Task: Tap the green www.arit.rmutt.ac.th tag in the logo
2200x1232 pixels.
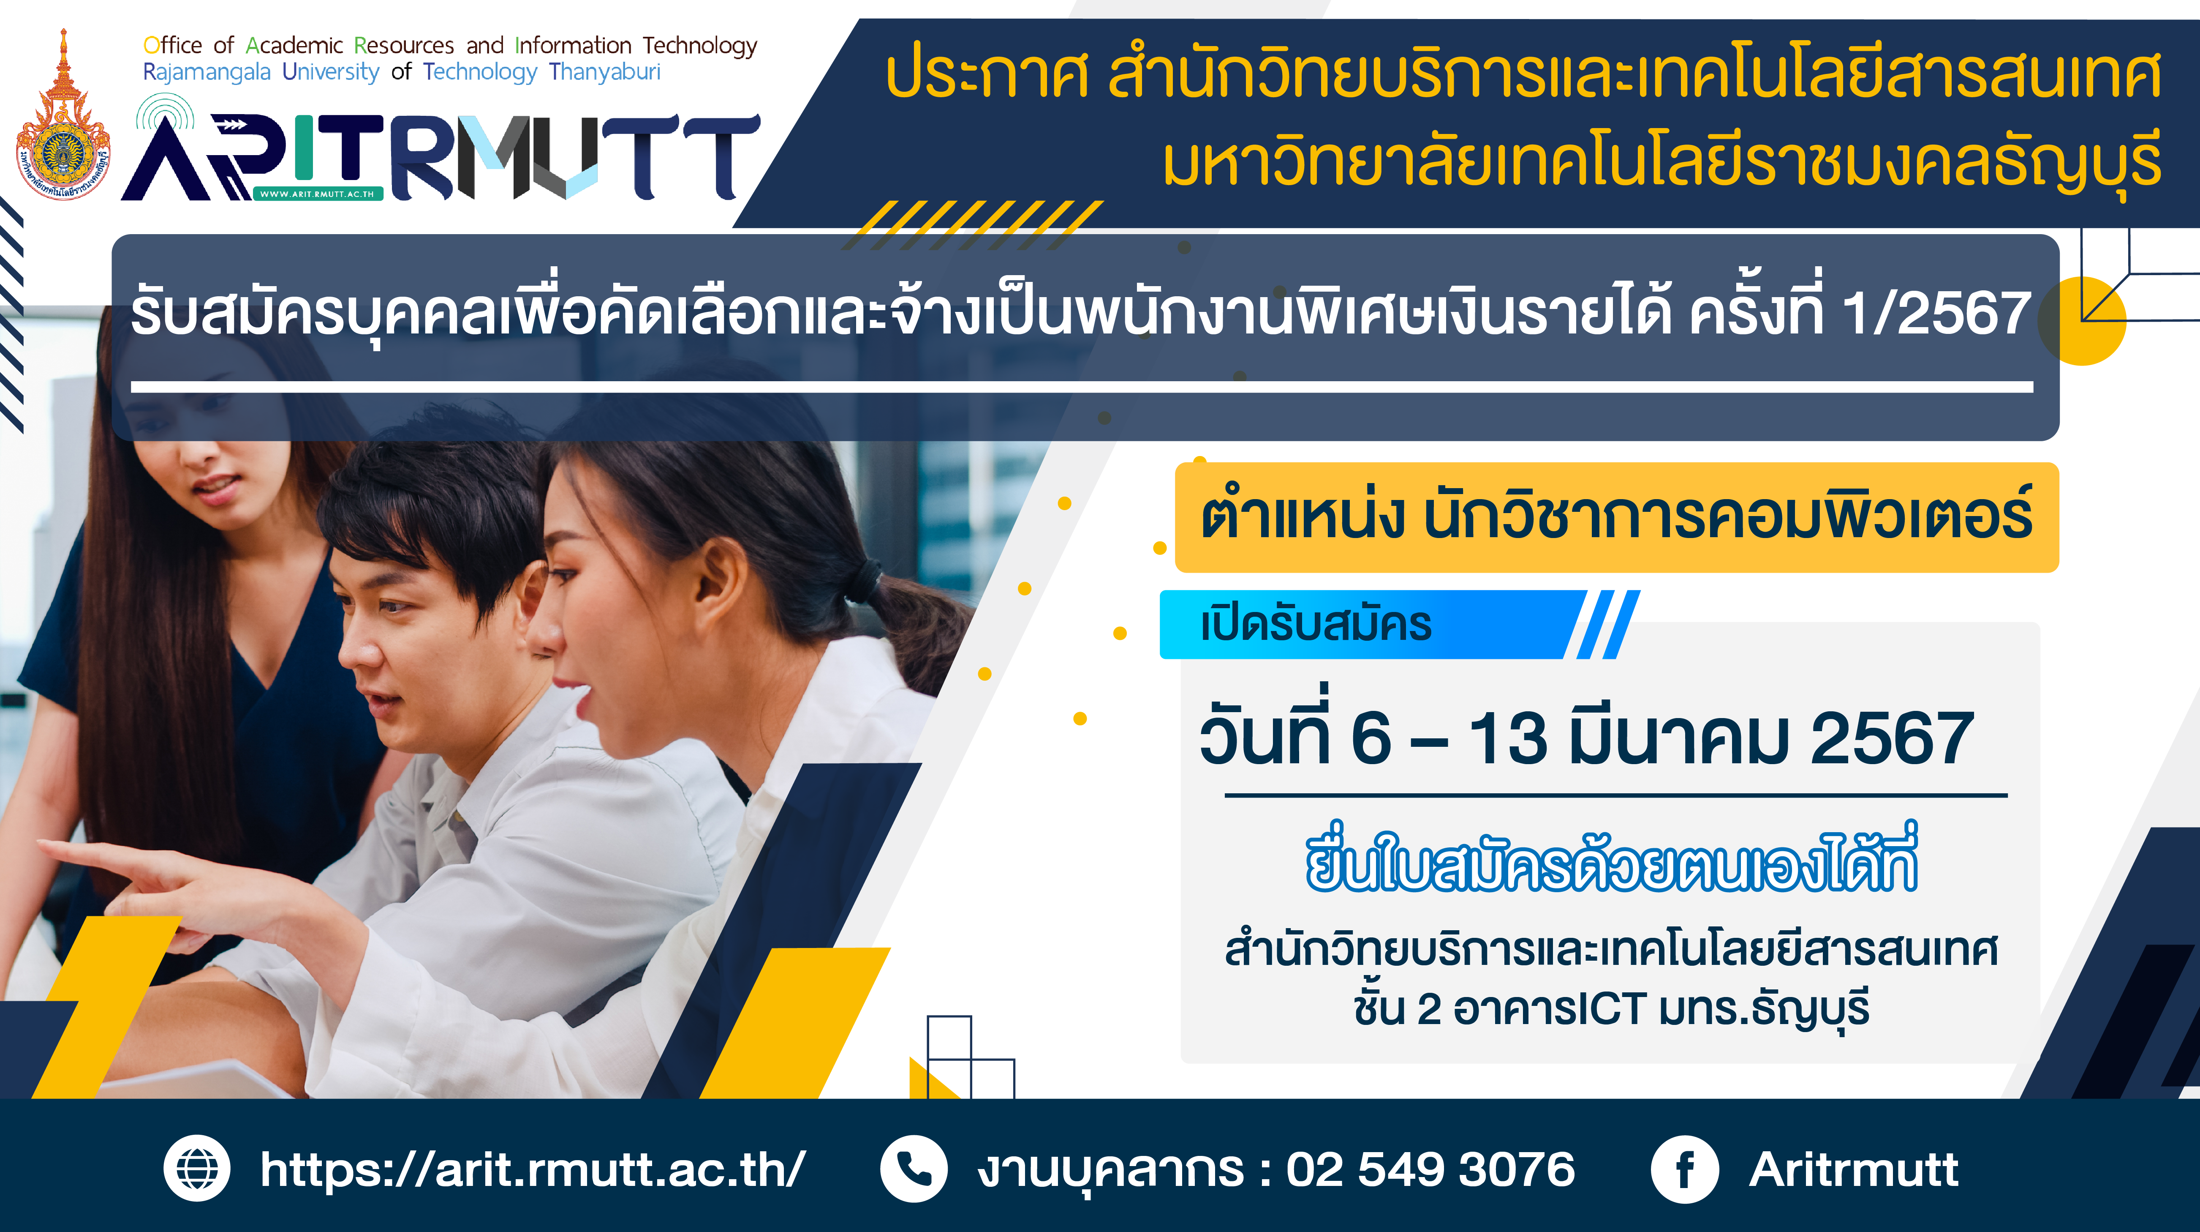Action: click(x=318, y=194)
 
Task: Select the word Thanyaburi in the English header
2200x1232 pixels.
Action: click(x=605, y=72)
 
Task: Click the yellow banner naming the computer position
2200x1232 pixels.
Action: click(x=1617, y=517)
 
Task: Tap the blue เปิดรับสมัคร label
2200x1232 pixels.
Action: click(x=1315, y=625)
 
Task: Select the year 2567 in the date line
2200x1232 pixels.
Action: click(x=1892, y=738)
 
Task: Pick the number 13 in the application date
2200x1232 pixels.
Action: click(x=1508, y=738)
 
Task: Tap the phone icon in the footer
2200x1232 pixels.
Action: click(x=914, y=1169)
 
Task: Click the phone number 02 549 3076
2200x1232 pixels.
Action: click(x=1430, y=1169)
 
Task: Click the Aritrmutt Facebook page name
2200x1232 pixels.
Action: click(x=1853, y=1169)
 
